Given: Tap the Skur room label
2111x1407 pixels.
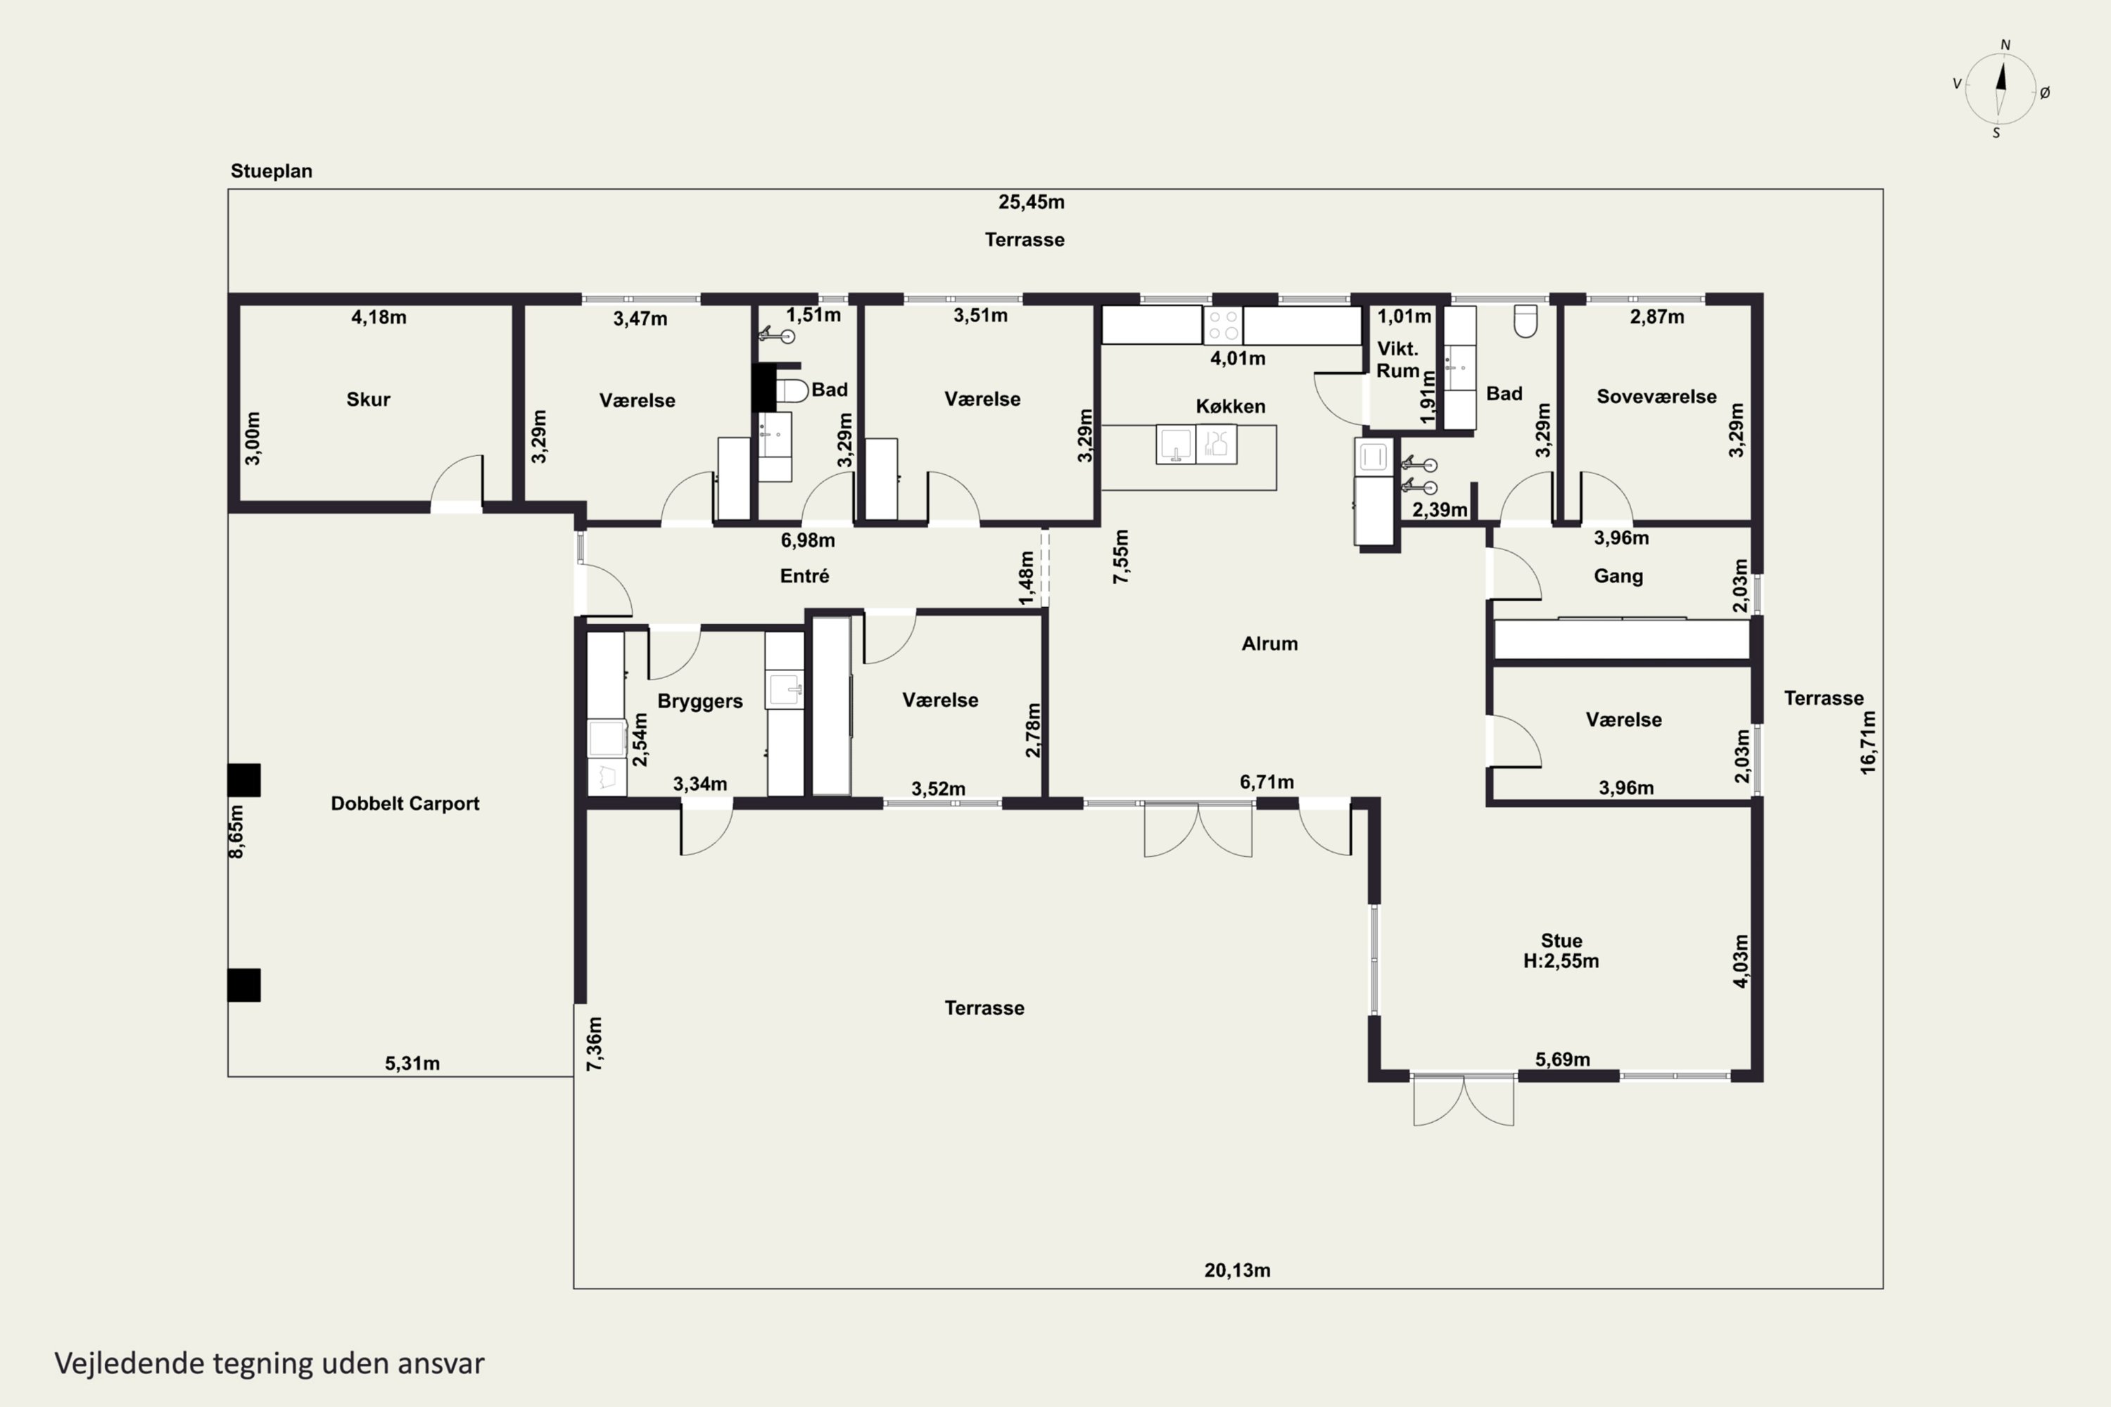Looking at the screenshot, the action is (x=368, y=400).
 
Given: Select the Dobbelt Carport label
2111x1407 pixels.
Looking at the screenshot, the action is (x=405, y=803).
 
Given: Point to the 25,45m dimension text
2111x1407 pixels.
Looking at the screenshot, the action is (x=1032, y=202).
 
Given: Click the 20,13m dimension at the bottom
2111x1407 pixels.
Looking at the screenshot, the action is (x=1237, y=1270).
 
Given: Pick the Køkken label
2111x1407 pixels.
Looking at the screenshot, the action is (x=1231, y=407).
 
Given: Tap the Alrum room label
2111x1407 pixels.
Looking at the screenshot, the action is (x=1269, y=644).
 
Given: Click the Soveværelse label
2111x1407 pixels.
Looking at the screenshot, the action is (x=1656, y=397).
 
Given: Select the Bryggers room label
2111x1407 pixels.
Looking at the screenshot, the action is (x=700, y=701).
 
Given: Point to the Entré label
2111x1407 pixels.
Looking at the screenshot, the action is (x=804, y=576).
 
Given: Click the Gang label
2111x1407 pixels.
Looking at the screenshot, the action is (x=1618, y=576).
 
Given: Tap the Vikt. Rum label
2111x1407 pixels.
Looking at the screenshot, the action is (x=1397, y=359).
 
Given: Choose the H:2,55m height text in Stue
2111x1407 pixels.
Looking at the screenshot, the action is (x=1561, y=961).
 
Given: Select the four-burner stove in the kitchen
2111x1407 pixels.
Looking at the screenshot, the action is (x=1222, y=325).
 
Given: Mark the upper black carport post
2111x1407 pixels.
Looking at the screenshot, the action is (x=244, y=779).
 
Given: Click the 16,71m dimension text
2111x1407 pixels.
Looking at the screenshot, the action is (x=1868, y=742).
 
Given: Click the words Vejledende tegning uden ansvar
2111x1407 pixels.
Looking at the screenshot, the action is (x=270, y=1363).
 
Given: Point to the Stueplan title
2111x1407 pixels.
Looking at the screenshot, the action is (x=271, y=170).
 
